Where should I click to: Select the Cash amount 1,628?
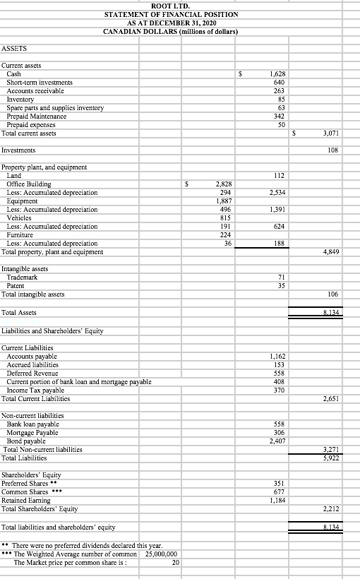pyautogui.click(x=276, y=74)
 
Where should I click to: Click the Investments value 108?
pyautogui.click(x=335, y=150)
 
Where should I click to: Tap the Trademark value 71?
pyautogui.click(x=280, y=278)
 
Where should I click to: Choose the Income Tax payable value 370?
pyautogui.click(x=278, y=390)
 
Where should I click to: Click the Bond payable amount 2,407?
pyautogui.click(x=276, y=441)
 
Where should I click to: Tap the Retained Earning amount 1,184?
pyautogui.click(x=276, y=501)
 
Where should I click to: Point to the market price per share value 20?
pyautogui.click(x=175, y=562)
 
